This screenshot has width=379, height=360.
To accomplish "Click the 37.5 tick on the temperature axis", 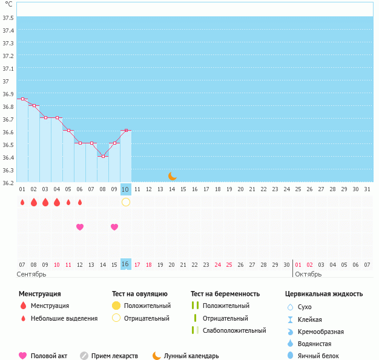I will [x=8, y=18].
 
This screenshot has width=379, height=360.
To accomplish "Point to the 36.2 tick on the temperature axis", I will [x=8, y=183].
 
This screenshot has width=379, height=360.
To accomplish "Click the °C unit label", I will [x=8, y=4].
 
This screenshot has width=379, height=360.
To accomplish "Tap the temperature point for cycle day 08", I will [x=103, y=157].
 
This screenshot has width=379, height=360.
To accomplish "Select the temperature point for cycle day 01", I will [x=22, y=99].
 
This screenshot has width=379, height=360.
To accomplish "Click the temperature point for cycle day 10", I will [x=126, y=130].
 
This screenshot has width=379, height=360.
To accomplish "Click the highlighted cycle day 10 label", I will [x=125, y=189].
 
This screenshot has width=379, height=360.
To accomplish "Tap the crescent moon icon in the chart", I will [x=173, y=175].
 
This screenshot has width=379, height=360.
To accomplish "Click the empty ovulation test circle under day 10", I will [x=126, y=202].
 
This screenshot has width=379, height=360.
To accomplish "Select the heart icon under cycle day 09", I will [x=114, y=227].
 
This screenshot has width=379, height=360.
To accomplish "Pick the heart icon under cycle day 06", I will [x=80, y=227].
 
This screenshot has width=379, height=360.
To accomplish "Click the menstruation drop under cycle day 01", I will [x=22, y=202].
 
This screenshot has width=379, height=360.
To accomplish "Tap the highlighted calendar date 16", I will [x=125, y=264].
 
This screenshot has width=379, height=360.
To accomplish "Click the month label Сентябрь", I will [x=31, y=274].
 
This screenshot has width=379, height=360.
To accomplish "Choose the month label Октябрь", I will [x=309, y=274].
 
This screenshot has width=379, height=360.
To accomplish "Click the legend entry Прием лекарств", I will [x=114, y=356].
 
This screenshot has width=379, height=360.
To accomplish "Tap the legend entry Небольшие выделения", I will [x=64, y=318].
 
